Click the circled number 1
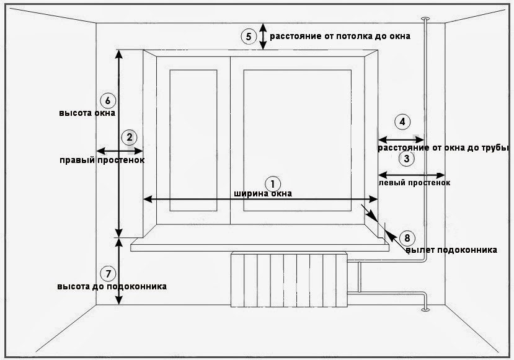pyautogui.click(x=273, y=184)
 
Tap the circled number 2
pyautogui.click(x=129, y=138)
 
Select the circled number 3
pyautogui.click(x=407, y=159)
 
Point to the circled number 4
pyautogui.click(x=402, y=122)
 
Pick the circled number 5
pyautogui.click(x=249, y=37)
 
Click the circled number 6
pyautogui.click(x=108, y=100)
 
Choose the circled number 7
pyautogui.click(x=108, y=274)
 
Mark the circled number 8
pyautogui.click(x=407, y=238)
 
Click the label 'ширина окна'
pyautogui.click(x=263, y=193)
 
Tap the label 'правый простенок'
pyautogui.click(x=102, y=160)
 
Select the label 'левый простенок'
pyautogui.click(x=414, y=182)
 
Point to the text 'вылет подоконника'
pyautogui.click(x=451, y=250)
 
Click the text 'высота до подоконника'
pyautogui.click(x=112, y=286)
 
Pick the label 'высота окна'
pyautogui.click(x=87, y=113)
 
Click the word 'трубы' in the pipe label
pyautogui.click(x=495, y=147)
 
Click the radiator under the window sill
pyautogui.click(x=289, y=279)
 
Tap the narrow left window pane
pyautogui.click(x=193, y=140)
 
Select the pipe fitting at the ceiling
pyautogui.click(x=425, y=18)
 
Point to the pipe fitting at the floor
pyautogui.click(x=425, y=309)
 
